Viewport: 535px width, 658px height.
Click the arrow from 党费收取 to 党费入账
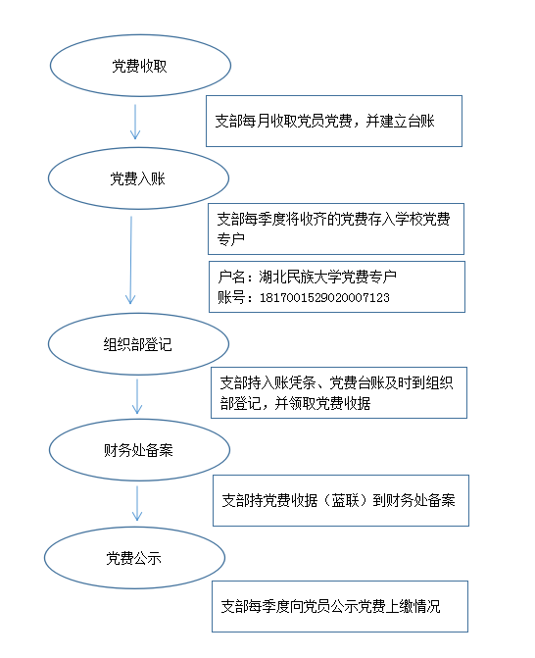135,122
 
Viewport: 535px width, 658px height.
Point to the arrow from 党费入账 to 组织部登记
131,260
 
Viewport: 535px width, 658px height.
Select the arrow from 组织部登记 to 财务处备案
137,396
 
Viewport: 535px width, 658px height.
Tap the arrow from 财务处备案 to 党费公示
137,504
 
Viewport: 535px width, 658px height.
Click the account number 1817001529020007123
324,298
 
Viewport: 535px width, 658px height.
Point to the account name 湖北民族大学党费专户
327,277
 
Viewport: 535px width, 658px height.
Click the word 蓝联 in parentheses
346,500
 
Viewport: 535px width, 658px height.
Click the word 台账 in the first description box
420,122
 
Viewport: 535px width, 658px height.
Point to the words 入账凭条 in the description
289,382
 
